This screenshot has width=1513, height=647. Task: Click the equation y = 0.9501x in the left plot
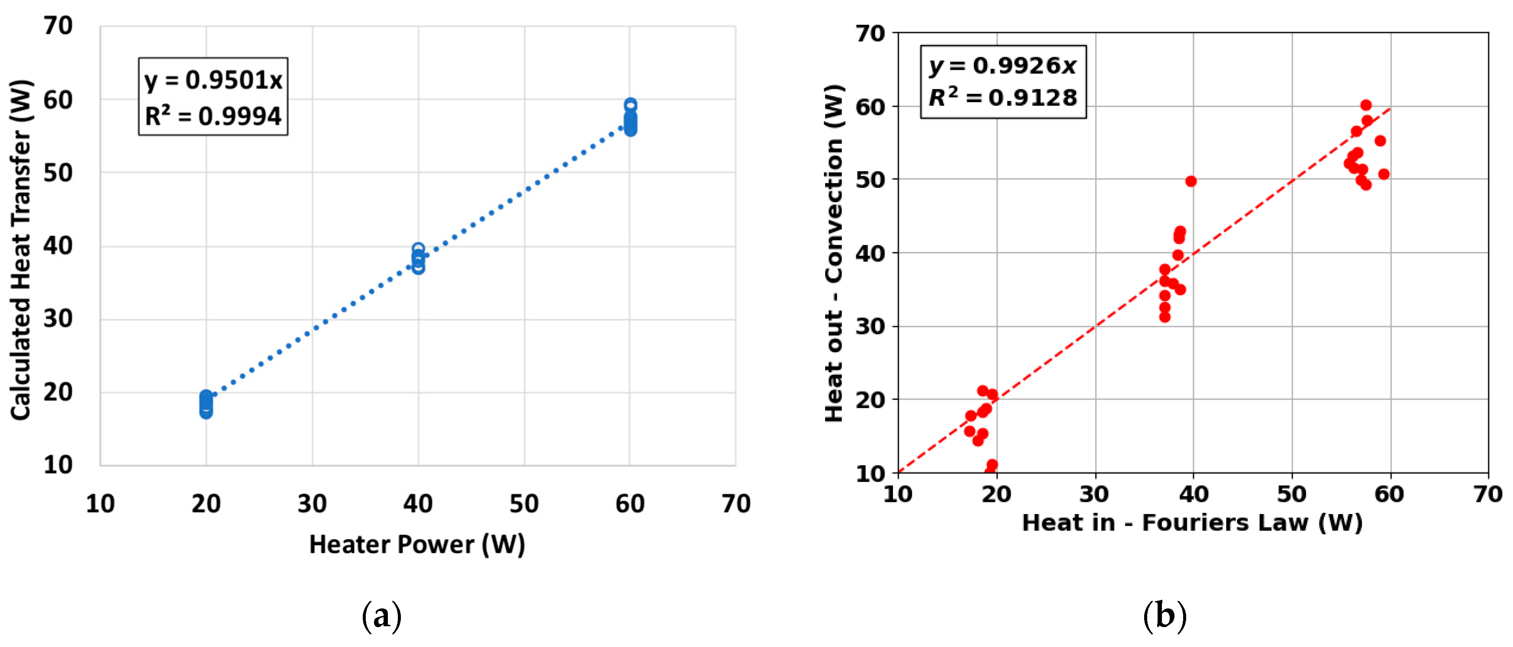(x=213, y=80)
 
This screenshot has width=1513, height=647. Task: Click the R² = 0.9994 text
(x=213, y=116)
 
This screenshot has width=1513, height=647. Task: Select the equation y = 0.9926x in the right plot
(x=1003, y=65)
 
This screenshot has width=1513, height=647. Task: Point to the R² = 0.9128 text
(x=1003, y=97)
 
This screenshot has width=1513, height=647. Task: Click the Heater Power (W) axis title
(x=417, y=544)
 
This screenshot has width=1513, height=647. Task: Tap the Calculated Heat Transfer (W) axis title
(x=21, y=250)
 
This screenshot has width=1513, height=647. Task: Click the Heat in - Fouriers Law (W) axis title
(x=1192, y=522)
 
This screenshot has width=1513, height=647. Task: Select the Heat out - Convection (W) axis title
(x=833, y=252)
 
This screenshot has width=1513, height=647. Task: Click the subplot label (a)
(x=382, y=616)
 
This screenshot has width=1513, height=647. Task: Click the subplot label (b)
(x=1164, y=616)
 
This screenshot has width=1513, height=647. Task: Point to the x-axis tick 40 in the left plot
(x=418, y=504)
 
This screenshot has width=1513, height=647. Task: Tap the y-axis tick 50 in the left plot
(x=58, y=173)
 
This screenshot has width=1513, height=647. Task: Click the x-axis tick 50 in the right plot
(x=1292, y=494)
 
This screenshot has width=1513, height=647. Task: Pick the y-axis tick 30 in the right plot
(x=870, y=326)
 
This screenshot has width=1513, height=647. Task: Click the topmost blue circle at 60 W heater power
(x=630, y=105)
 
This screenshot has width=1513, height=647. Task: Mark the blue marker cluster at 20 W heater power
(x=206, y=404)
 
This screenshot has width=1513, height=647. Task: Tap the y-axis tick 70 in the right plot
(x=870, y=33)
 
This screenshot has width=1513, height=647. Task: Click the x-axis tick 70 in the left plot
(x=736, y=504)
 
